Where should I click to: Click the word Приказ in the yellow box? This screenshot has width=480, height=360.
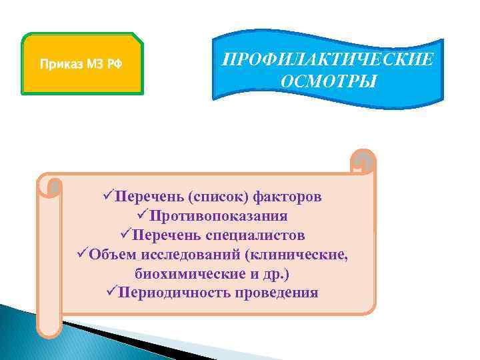(x=58, y=65)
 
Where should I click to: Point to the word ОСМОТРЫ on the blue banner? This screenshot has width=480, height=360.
(x=327, y=83)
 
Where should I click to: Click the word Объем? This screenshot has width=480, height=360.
(x=109, y=255)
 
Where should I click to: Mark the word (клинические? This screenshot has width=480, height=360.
(x=297, y=255)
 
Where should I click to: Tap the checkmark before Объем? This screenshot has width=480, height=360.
(x=82, y=255)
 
